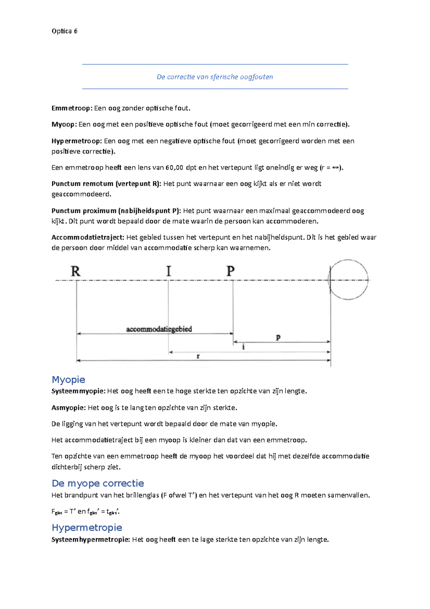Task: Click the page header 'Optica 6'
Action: point(64,31)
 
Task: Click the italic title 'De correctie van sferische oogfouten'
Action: point(215,77)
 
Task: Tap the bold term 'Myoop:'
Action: point(64,124)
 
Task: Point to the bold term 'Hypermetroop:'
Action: point(77,141)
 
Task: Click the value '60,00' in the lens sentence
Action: point(175,167)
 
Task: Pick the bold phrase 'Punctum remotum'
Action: point(82,184)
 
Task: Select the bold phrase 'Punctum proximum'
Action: point(84,211)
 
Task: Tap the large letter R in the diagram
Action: point(76,271)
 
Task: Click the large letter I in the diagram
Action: point(169,271)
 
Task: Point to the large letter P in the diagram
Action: point(230,271)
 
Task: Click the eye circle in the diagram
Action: point(348,280)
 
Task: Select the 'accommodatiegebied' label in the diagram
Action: point(159,329)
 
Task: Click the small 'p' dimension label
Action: point(278,337)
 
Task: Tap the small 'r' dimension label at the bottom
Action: point(198,356)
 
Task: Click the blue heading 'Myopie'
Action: point(68,379)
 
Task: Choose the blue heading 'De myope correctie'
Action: point(98,483)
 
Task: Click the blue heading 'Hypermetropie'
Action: point(87,527)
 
